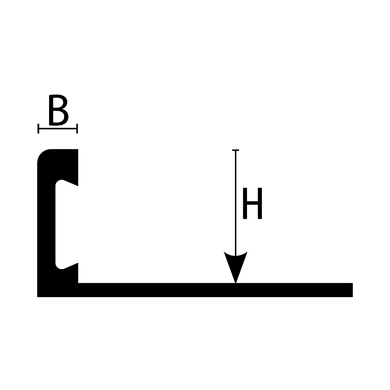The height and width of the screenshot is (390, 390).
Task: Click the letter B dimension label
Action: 58,110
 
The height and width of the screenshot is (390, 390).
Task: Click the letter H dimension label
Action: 253,203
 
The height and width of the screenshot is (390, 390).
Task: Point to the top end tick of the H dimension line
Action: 236,150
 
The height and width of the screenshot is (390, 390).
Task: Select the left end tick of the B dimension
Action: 38,128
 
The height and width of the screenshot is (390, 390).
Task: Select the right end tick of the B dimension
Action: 77,128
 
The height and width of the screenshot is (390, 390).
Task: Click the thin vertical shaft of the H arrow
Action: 236,202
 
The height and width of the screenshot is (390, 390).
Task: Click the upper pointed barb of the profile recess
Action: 78,185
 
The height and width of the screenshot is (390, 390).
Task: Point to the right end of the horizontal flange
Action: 353,290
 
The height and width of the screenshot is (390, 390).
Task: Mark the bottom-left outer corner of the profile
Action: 37,297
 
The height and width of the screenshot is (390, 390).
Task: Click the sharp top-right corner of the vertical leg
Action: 78,149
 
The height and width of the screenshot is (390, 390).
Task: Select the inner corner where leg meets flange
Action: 78,283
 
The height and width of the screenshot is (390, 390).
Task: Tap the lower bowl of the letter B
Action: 61,117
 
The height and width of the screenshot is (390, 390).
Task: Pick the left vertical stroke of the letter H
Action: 245,203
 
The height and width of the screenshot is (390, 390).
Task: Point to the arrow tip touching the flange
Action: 236,283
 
